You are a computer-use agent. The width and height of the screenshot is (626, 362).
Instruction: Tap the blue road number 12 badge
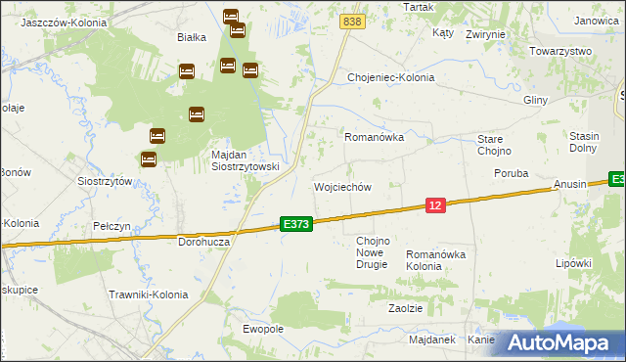[x=436, y=204]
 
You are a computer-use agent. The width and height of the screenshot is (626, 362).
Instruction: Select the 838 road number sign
[x=353, y=22]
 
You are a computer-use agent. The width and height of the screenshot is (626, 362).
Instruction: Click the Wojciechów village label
[x=341, y=187]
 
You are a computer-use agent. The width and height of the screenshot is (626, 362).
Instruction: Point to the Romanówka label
[x=374, y=138]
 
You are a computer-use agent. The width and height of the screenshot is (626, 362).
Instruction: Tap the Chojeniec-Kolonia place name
[x=390, y=77]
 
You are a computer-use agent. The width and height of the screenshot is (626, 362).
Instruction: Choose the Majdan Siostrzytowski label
[x=246, y=160]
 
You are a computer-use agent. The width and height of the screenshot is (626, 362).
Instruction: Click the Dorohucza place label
[x=203, y=241]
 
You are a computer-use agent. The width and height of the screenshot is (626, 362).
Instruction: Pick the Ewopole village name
[x=263, y=329]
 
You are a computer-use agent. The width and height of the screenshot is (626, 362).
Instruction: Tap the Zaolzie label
[x=405, y=307]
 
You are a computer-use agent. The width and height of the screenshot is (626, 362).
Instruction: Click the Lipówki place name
[x=574, y=263]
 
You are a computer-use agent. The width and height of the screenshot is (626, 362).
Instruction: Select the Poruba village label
[x=510, y=173]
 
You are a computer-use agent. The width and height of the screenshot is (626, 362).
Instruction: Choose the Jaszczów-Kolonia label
[x=56, y=21]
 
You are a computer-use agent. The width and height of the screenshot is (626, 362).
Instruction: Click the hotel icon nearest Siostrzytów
[x=149, y=158]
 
